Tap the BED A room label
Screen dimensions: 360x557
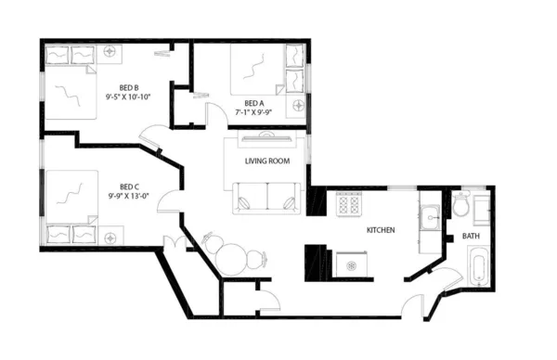pyautogui.click(x=253, y=103)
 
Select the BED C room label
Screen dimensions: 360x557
pyautogui.click(x=130, y=184)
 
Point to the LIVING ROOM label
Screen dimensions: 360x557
pyautogui.click(x=267, y=161)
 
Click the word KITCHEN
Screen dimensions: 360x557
pyautogui.click(x=382, y=229)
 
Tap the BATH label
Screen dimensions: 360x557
pyautogui.click(x=473, y=237)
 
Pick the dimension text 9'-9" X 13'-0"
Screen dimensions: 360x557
pyautogui.click(x=129, y=195)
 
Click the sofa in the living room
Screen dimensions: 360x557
pyautogui.click(x=267, y=197)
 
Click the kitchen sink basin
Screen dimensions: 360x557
pyautogui.click(x=430, y=219)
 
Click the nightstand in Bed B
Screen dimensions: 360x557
pyautogui.click(x=111, y=54)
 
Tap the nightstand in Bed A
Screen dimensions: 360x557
pyautogui.click(x=298, y=107)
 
